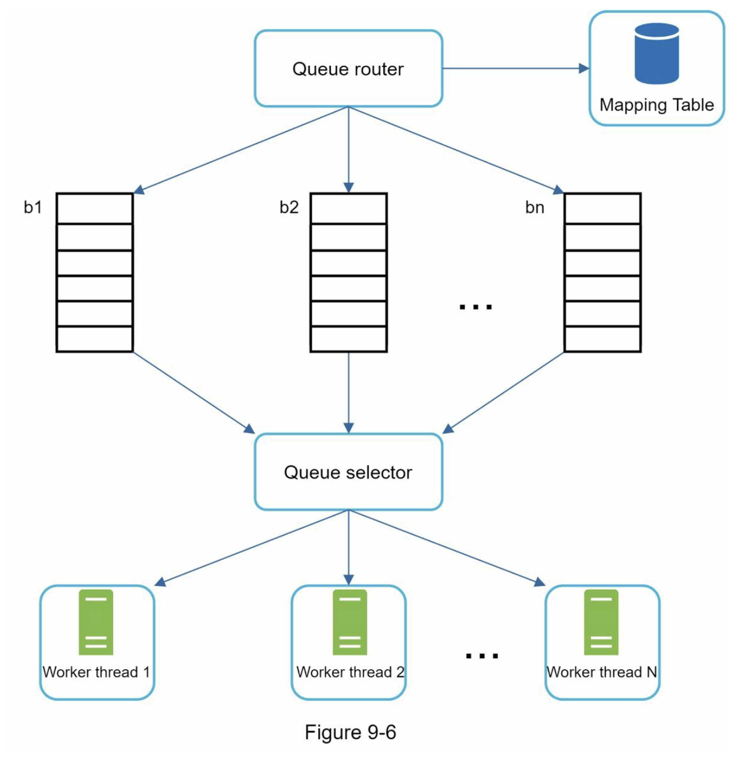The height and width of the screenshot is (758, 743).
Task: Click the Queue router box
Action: [x=348, y=68]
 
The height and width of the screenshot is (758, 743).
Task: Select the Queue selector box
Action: [x=348, y=472]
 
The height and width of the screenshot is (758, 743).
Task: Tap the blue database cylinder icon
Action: [x=656, y=54]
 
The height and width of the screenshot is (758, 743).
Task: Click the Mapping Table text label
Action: [x=656, y=105]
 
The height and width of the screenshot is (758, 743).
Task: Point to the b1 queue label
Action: [x=33, y=207]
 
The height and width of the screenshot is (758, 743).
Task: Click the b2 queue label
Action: [x=289, y=207]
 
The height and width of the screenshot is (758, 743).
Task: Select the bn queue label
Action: [x=534, y=207]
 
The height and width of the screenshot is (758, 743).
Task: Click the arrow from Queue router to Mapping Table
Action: [x=515, y=68]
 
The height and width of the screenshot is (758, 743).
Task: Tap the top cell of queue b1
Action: [x=94, y=209]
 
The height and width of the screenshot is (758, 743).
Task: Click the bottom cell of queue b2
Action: [x=348, y=339]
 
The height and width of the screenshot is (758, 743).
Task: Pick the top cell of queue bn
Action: [x=603, y=209]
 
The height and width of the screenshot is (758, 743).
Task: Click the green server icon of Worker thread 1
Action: [x=95, y=622]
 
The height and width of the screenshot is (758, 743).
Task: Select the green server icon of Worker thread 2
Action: [x=350, y=622]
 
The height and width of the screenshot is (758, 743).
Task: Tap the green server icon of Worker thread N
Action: [x=601, y=622]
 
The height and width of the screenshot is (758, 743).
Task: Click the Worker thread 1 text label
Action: [x=96, y=672]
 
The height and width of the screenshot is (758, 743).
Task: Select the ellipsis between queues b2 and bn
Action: [x=475, y=307]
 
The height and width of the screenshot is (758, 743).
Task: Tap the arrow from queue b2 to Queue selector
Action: [x=348, y=390]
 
